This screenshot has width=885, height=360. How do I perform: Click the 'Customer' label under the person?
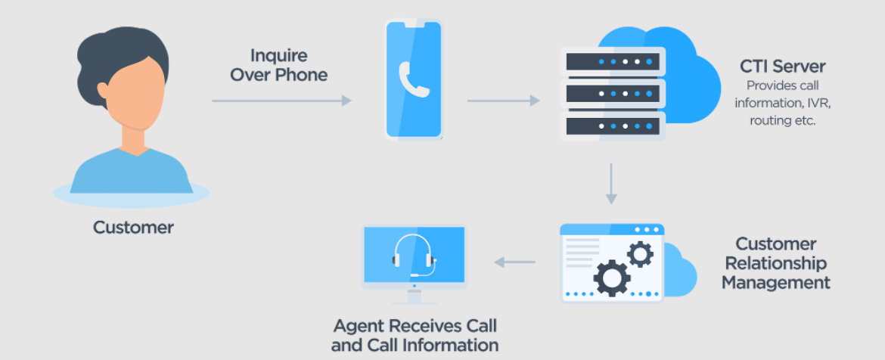pos(133,227)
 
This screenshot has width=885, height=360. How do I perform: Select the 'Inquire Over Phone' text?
pos(279,65)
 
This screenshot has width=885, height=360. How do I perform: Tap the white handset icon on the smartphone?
pos(414,81)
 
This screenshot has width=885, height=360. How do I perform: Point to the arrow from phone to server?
pos(503,101)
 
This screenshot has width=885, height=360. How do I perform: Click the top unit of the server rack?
pos(612,61)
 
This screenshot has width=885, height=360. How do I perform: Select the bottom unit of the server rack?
pos(612,126)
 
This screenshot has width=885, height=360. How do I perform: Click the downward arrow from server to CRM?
pos(611,182)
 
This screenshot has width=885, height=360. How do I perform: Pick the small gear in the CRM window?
pos(640,253)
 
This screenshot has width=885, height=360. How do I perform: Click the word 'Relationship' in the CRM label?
pos(776,263)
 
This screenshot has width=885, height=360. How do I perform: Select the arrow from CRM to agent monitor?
pos(514,262)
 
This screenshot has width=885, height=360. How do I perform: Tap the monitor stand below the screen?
pos(414,296)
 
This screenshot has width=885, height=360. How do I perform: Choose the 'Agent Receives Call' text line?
pos(415,326)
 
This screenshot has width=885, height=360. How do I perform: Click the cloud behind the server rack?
pos(692,83)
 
